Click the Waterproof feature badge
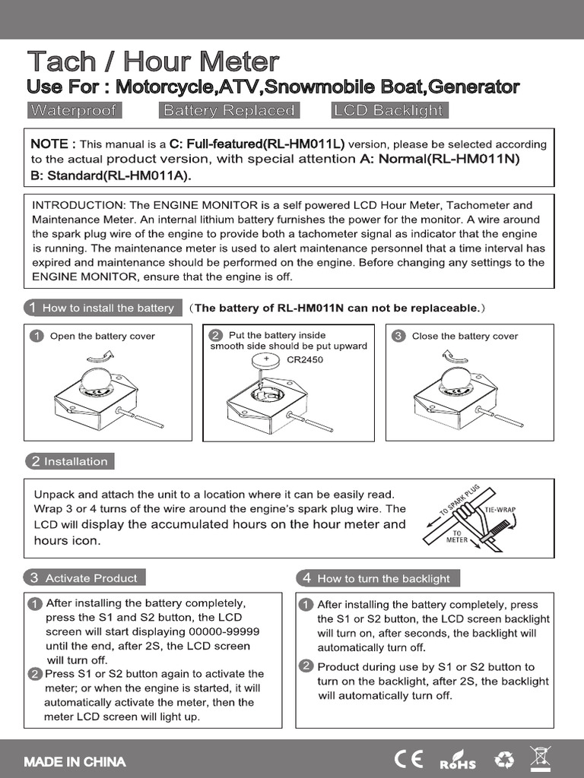[x=73, y=110]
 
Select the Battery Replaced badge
[x=228, y=110]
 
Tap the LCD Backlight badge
[x=388, y=110]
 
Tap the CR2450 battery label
[x=305, y=359]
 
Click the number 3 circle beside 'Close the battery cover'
[x=398, y=336]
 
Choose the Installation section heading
[x=69, y=461]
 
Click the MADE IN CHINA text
[x=75, y=761]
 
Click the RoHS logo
[x=458, y=761]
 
